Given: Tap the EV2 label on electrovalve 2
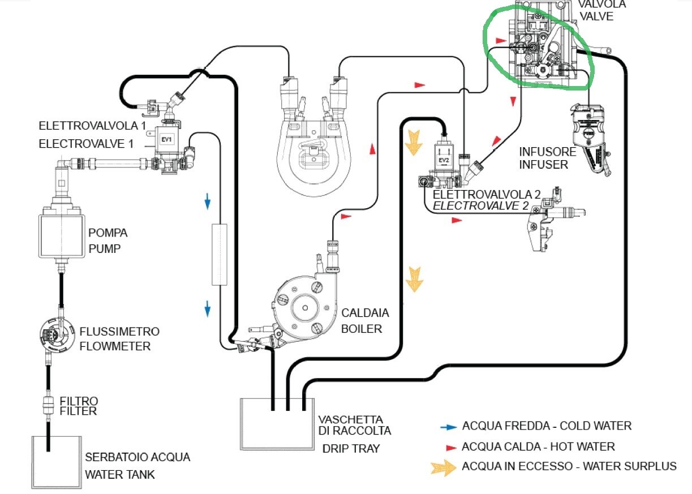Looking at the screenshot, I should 442,160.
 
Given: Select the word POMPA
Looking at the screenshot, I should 108,233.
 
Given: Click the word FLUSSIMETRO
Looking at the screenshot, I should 119,332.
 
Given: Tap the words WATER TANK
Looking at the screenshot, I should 119,474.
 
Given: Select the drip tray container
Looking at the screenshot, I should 277,424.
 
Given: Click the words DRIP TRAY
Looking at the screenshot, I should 351,449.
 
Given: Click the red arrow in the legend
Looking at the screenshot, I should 450,448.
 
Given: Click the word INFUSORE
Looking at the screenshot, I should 547,152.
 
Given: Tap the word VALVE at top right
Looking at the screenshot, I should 596,16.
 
